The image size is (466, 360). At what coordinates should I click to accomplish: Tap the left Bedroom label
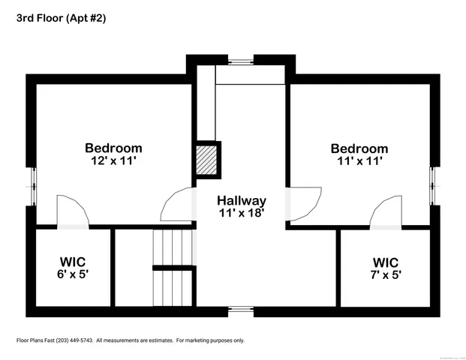tap(113, 148)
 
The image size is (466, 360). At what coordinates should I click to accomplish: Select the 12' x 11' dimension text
tap(113, 160)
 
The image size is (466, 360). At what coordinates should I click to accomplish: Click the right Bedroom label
tap(359, 148)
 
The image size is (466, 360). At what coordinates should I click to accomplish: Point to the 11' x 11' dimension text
tap(359, 160)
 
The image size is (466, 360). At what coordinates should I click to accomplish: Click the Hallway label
tap(241, 201)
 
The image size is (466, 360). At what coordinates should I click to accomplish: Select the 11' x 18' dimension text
tap(241, 213)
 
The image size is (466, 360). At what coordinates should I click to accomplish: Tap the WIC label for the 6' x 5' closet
tap(73, 262)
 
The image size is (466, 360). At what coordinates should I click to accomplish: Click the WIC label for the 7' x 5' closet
tap(386, 262)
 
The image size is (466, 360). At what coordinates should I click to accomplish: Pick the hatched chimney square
tap(207, 160)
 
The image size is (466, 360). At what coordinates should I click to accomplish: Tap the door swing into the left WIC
tap(73, 211)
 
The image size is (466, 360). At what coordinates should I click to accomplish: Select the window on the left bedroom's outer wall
tap(32, 180)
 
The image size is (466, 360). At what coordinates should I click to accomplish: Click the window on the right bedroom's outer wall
tap(434, 180)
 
